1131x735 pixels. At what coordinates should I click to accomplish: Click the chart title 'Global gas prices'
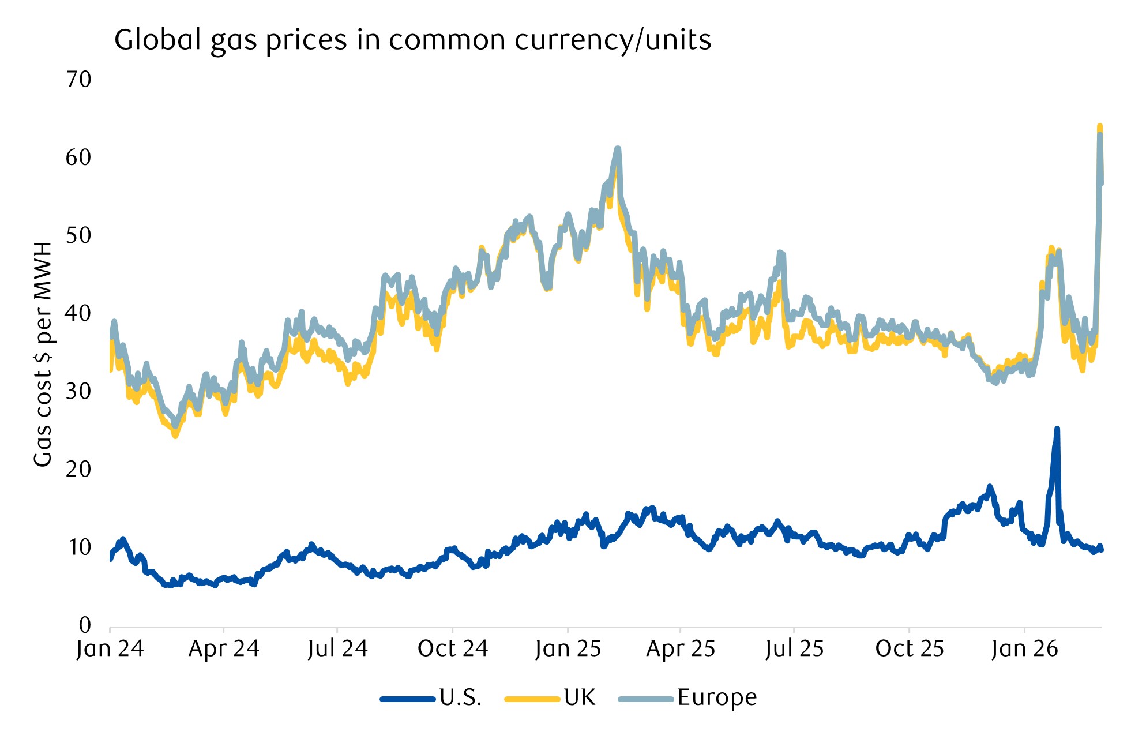pos(412,40)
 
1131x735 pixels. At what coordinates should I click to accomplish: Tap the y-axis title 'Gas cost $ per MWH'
pos(43,354)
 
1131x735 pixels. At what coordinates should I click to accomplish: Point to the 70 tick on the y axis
pos(78,80)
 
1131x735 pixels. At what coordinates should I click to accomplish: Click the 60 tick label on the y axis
pos(78,157)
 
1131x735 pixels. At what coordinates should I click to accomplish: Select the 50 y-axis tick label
pos(78,235)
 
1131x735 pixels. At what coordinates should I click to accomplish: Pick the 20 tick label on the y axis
pos(78,469)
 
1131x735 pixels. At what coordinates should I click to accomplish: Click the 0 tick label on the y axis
pos(85,625)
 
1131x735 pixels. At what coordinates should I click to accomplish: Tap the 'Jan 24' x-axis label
pos(110,649)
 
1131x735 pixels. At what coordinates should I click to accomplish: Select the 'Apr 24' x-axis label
pos(224,649)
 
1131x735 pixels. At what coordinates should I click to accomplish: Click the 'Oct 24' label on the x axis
pos(453,649)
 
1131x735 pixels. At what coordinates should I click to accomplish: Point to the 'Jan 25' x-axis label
pos(568,649)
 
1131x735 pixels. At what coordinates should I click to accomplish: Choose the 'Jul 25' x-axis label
pos(794,649)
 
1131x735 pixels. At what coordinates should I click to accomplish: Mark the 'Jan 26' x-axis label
pos(1024,649)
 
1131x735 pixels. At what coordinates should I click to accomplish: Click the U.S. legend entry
pos(460,698)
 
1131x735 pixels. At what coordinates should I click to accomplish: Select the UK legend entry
pos(579,698)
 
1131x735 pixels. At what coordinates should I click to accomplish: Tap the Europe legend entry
pos(716,698)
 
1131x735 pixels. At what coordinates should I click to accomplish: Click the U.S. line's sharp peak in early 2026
pos(1057,429)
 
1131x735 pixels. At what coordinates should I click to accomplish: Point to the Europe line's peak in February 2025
pos(618,149)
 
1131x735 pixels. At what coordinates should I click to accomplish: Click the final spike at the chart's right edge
pos(1100,127)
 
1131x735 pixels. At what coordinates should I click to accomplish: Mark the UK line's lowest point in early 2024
pos(175,436)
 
